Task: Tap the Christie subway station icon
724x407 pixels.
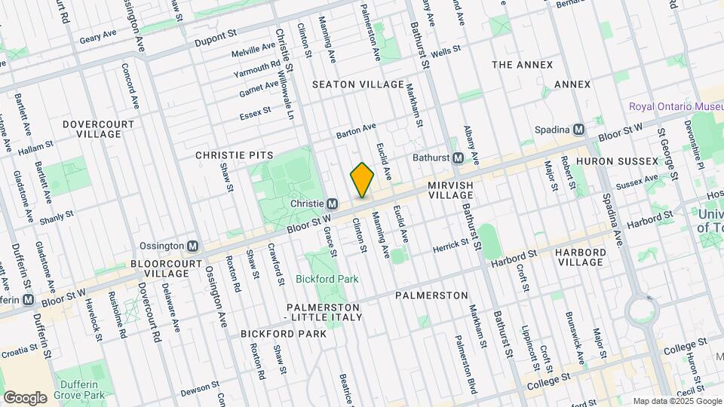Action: (332, 204)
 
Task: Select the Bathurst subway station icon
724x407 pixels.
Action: (458, 158)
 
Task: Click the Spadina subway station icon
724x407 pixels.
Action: (578, 129)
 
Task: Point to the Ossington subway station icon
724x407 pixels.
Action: (193, 246)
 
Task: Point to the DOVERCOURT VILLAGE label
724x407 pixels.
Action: (98, 129)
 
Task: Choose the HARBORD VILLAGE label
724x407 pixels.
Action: (580, 257)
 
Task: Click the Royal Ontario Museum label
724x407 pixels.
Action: (676, 106)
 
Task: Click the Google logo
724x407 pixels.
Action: (25, 397)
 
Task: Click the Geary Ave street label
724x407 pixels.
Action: (100, 33)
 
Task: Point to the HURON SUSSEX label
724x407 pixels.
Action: (609, 161)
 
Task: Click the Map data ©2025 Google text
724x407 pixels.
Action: (676, 400)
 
